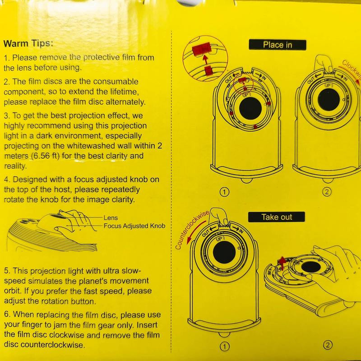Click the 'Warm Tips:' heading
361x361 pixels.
(28, 43)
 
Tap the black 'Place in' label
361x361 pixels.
(278, 45)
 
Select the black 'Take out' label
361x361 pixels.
(277, 217)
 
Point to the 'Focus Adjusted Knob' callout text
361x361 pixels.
(134, 226)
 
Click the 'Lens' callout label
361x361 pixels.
(111, 218)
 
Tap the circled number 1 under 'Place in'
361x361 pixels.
(225, 192)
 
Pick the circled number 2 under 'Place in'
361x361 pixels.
(327, 192)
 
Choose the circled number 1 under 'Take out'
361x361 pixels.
(225, 347)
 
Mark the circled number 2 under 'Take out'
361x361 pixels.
(328, 345)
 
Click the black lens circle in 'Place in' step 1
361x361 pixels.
(250, 108)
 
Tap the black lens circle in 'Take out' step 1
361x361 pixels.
(224, 252)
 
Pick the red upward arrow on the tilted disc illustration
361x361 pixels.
(282, 263)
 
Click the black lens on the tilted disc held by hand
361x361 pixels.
(311, 267)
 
